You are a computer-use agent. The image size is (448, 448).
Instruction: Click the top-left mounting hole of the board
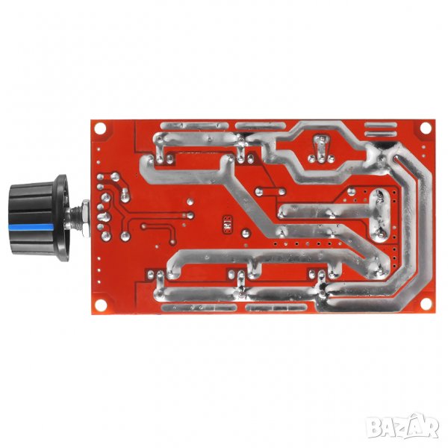coord(100,128)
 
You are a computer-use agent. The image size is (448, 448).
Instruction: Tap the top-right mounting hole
coord(426,128)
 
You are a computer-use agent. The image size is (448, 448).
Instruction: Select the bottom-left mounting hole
coord(101,305)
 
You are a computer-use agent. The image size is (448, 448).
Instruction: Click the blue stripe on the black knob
coord(31,228)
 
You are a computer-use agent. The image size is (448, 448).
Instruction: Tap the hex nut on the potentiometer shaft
coord(85,218)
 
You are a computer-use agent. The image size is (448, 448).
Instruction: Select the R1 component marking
coord(228,224)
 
